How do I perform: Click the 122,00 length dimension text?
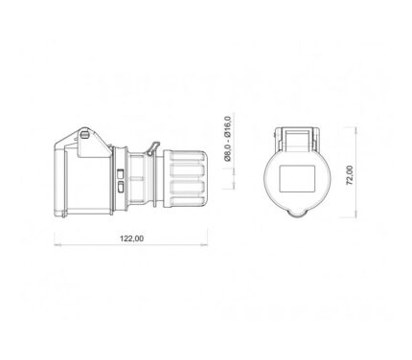131,238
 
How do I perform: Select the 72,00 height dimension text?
350,175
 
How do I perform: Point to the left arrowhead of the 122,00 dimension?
57,245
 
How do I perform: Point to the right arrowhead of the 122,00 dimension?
204,245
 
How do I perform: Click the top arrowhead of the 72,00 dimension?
356,130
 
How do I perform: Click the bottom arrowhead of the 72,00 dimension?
356,214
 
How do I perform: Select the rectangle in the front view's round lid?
297,179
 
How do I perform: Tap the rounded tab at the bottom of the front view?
297,214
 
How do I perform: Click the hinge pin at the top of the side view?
84,135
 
